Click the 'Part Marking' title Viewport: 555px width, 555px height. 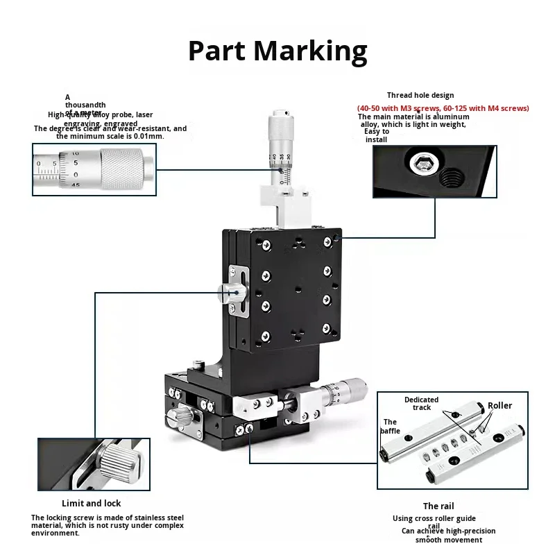point(277,51)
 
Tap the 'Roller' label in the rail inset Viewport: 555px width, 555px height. point(499,406)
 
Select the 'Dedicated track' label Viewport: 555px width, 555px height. point(422,403)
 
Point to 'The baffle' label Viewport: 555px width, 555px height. point(391,426)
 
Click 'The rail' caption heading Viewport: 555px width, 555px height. point(438,506)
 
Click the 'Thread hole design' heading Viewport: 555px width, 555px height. point(420,96)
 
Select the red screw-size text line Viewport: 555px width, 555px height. point(443,108)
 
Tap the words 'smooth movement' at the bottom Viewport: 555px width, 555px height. point(449,540)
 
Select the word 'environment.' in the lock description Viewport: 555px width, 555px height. point(55,533)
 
